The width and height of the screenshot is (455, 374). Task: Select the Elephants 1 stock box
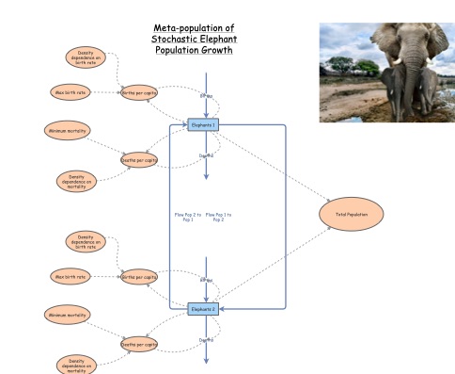204,124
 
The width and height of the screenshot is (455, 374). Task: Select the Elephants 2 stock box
204,308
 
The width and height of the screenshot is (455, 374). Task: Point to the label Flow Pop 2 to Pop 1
188,217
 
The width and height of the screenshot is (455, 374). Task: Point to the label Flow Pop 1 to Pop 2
218,217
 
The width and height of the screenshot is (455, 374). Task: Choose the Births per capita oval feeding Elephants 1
138,92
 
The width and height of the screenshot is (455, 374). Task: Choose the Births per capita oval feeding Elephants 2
138,277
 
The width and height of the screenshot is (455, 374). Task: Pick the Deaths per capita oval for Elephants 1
138,161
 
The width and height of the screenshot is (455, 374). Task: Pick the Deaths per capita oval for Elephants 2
138,345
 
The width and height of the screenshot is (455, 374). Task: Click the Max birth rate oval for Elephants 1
70,92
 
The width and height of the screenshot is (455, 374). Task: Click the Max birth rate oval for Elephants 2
70,277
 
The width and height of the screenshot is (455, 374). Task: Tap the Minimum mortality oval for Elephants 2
68,315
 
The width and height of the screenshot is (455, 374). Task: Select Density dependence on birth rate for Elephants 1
86,57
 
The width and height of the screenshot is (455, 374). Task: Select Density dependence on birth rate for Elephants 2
86,241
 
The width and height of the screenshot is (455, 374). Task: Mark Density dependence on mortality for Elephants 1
77,179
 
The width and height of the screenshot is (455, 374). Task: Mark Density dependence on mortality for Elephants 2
77,364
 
